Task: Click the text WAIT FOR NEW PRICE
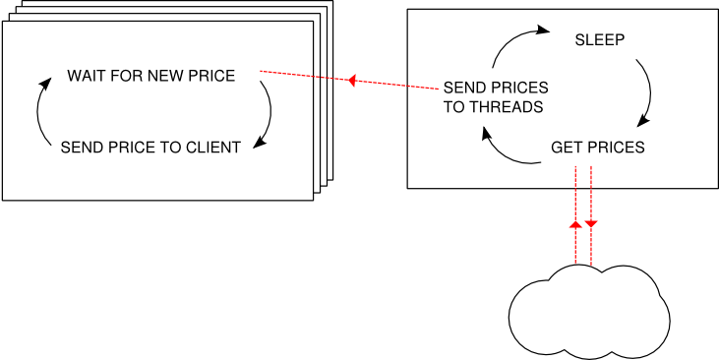[x=150, y=76]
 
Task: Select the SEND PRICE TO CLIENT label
[x=150, y=148]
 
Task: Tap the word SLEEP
[x=600, y=40]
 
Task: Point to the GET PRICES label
[x=597, y=148]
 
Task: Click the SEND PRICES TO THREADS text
[x=495, y=97]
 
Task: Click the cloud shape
[x=589, y=309]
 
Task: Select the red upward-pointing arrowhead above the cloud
[x=575, y=224]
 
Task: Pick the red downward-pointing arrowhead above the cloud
[x=591, y=225]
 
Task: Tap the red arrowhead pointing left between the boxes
[x=350, y=81]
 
